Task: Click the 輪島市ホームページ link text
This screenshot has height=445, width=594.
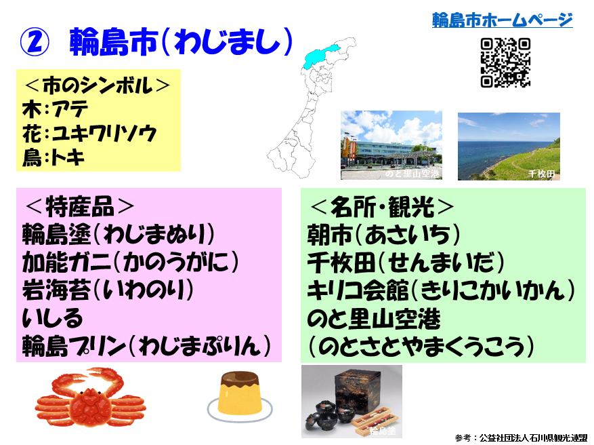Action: pyautogui.click(x=502, y=20)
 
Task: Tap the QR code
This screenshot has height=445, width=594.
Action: pyautogui.click(x=505, y=62)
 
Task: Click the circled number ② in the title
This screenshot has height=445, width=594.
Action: pyautogui.click(x=35, y=42)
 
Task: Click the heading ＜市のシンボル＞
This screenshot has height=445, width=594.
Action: pyautogui.click(x=98, y=85)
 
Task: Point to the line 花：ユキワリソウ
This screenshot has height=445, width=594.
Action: pyautogui.click(x=89, y=134)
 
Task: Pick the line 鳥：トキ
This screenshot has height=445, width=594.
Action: pyautogui.click(x=53, y=157)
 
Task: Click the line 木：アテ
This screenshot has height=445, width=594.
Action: pyautogui.click(x=56, y=109)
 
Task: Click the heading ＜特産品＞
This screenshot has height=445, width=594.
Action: pyautogui.click(x=79, y=206)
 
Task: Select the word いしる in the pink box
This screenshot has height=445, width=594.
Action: pyautogui.click(x=52, y=318)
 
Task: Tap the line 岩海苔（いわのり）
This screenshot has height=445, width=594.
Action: pyautogui.click(x=108, y=290)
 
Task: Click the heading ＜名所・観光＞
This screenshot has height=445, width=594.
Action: pyautogui.click(x=382, y=207)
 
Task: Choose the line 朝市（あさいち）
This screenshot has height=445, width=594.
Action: pyautogui.click(x=383, y=235)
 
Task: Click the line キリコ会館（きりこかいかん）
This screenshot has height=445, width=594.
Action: pyautogui.click(x=441, y=290)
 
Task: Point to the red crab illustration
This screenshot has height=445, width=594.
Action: pyautogui.click(x=91, y=397)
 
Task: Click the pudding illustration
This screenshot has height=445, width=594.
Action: pyautogui.click(x=240, y=397)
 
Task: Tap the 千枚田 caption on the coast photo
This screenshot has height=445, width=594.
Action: pyautogui.click(x=542, y=174)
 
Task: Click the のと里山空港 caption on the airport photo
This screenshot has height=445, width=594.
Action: pyautogui.click(x=412, y=174)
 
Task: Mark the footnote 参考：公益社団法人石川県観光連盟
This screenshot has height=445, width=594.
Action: pyautogui.click(x=521, y=438)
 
